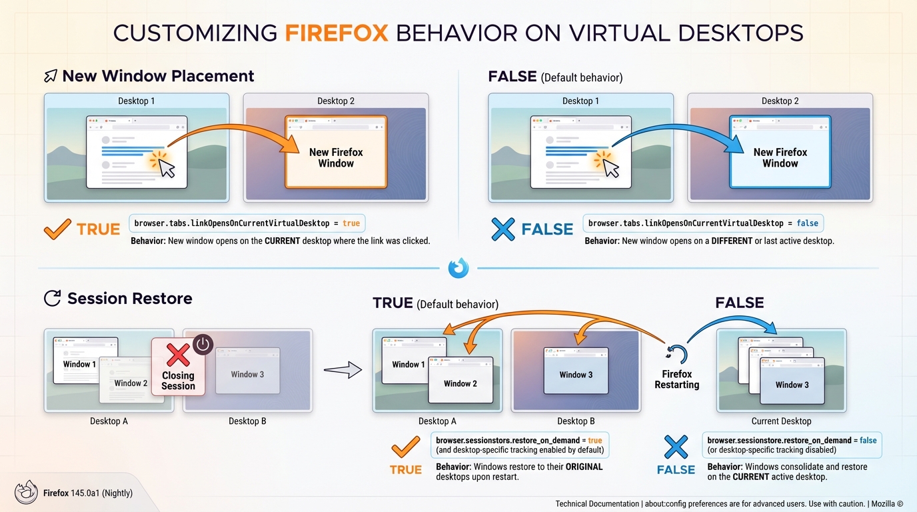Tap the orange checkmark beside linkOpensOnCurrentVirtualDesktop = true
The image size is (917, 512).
(57, 229)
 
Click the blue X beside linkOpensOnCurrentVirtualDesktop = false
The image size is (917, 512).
(502, 229)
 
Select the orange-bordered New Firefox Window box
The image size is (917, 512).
(336, 153)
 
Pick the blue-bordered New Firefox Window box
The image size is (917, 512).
(780, 153)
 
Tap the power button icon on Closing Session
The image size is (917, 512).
(203, 345)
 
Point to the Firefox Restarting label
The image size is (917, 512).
(676, 379)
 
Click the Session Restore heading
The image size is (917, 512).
(129, 298)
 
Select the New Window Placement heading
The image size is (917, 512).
(158, 76)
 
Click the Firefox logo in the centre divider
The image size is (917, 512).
(458, 268)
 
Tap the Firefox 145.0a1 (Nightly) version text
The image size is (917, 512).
(87, 493)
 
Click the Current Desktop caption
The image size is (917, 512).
(781, 421)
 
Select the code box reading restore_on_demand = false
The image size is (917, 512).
(792, 445)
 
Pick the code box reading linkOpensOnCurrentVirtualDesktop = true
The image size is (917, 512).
(247, 223)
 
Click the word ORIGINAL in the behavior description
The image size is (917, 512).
(584, 467)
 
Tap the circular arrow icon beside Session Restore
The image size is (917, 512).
(52, 298)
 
